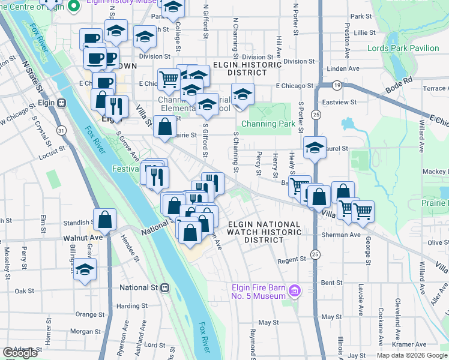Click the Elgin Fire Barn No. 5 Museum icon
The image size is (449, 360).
(x=294, y=292)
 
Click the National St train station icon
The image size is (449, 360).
(x=164, y=287)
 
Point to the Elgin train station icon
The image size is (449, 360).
(x=61, y=103)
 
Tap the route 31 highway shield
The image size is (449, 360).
(x=61, y=130)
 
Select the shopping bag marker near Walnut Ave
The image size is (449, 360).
(x=105, y=220)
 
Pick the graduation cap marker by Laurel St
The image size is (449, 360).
(x=315, y=148)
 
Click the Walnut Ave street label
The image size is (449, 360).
(x=83, y=238)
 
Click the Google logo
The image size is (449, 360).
(x=20, y=353)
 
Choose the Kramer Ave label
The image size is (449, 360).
(x=410, y=345)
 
